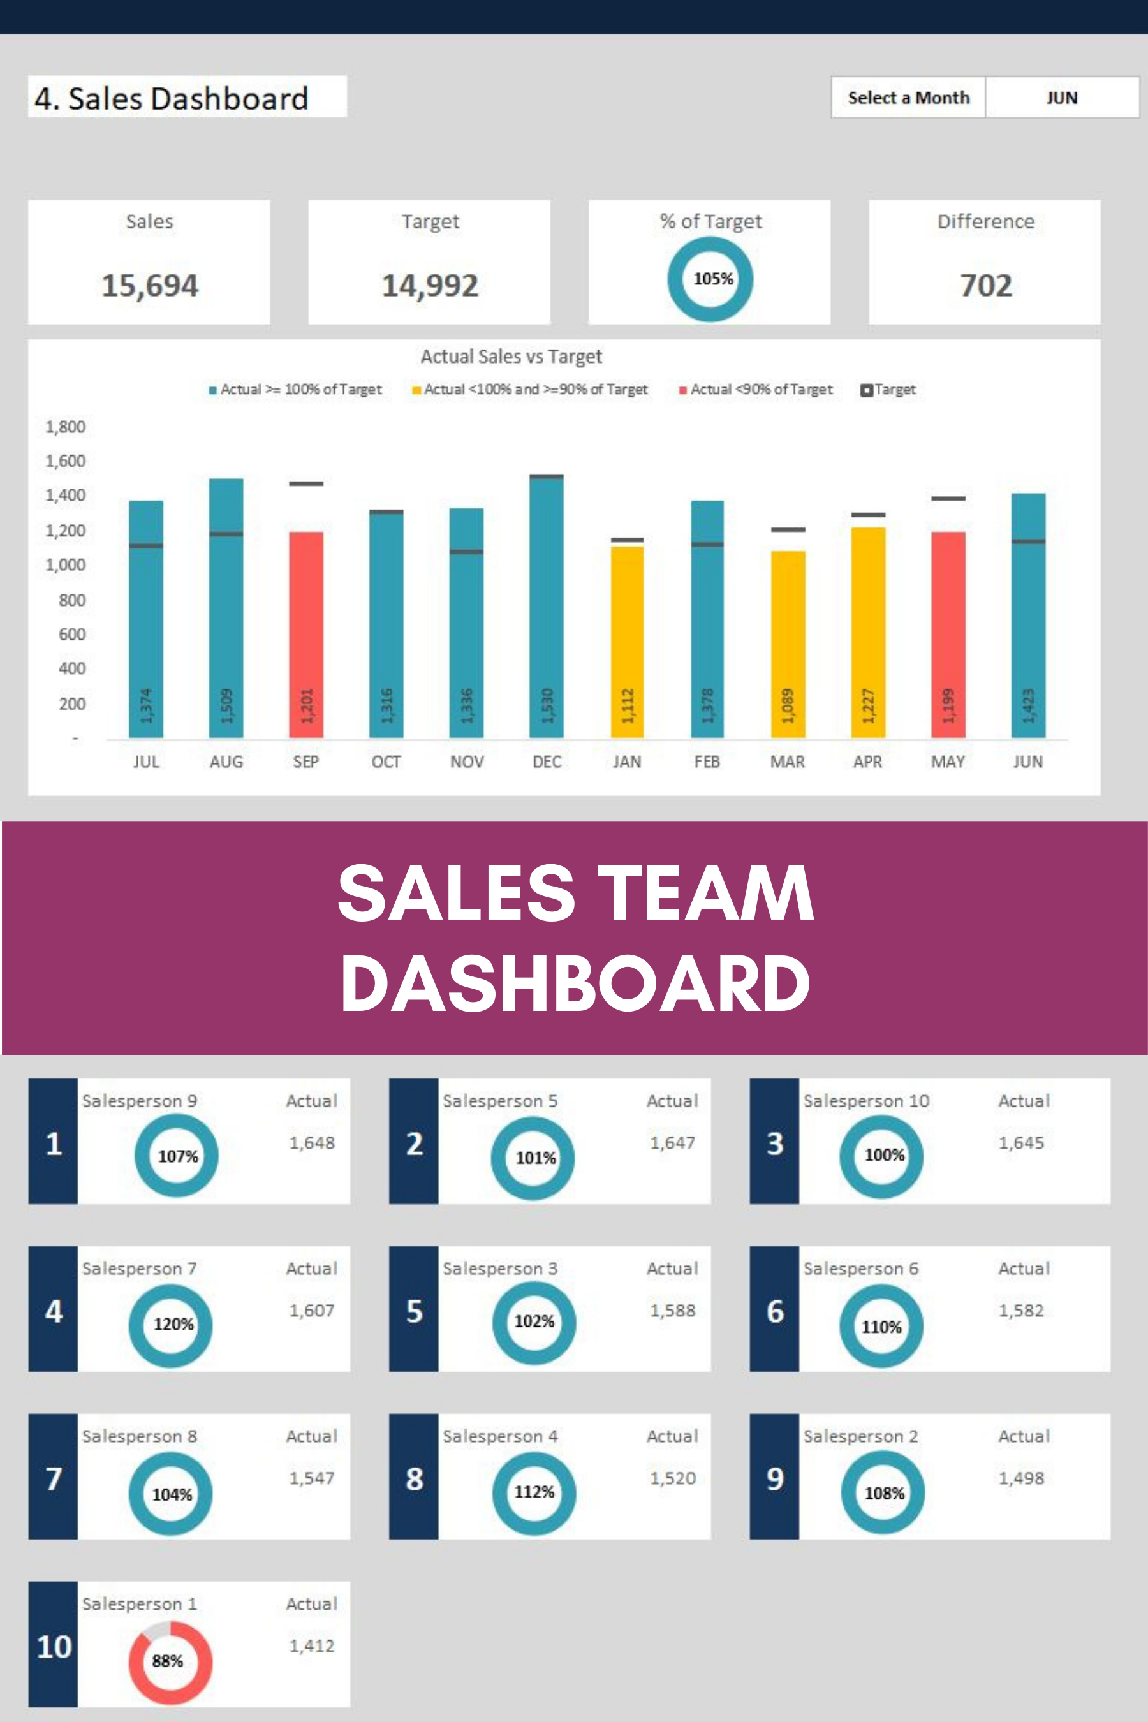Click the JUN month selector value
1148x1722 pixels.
point(1062,98)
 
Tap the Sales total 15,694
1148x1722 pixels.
point(149,286)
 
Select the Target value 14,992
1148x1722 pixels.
point(430,286)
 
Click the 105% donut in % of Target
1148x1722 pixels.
point(710,279)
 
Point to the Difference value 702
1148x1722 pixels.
point(985,286)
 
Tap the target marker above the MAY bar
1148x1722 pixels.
point(948,499)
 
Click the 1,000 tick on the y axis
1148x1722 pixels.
point(66,565)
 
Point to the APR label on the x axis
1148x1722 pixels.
point(867,762)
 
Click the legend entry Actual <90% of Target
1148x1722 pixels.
point(758,390)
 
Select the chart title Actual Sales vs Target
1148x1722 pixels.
point(511,357)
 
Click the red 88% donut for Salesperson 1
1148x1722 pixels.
point(170,1662)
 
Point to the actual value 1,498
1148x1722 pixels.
point(1021,1478)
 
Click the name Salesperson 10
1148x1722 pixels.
point(866,1101)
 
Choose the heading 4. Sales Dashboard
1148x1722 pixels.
point(172,99)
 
